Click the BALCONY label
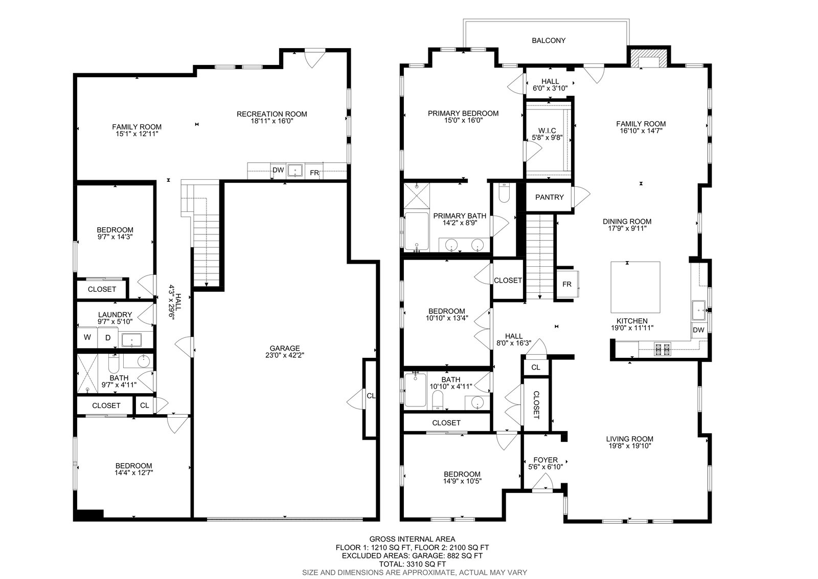[x=549, y=40]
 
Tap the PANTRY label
[x=549, y=197]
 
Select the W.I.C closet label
[x=547, y=131]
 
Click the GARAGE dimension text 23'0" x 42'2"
[x=284, y=355]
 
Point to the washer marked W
[x=87, y=337]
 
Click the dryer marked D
[x=108, y=337]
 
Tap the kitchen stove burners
[x=663, y=349]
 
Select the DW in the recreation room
[x=278, y=170]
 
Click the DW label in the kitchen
[x=698, y=330]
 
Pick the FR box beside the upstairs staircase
[x=567, y=284]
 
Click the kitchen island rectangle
[x=635, y=287]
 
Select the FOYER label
[x=546, y=460]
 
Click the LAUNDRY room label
[x=115, y=314]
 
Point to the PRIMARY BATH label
[x=460, y=216]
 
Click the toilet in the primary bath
[x=504, y=194]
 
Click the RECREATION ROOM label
[x=271, y=114]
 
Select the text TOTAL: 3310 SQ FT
[x=412, y=564]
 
